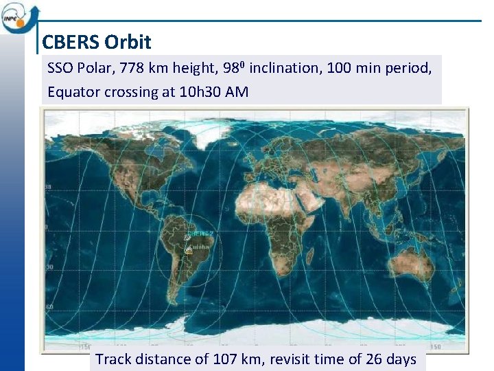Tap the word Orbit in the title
128,43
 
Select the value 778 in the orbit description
132,69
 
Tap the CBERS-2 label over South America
204,234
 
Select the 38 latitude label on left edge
49,187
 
